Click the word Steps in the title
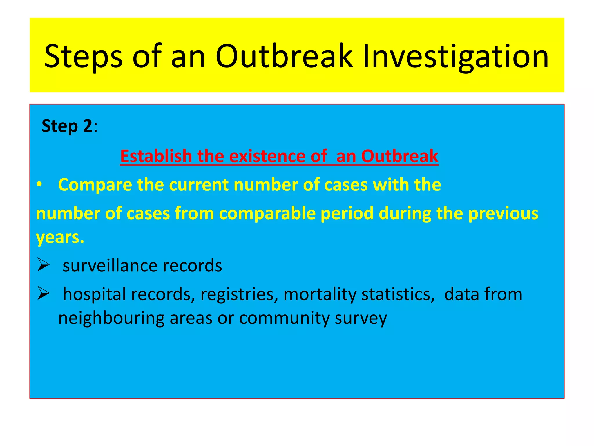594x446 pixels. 84,57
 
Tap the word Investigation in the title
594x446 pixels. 456,57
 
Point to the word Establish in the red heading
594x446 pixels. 156,156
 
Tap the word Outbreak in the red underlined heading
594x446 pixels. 399,156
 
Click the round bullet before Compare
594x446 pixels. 39,185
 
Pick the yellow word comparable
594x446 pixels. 267,214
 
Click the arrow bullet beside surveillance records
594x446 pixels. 44,265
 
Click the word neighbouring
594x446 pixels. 111,318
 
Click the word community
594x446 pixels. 284,318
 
